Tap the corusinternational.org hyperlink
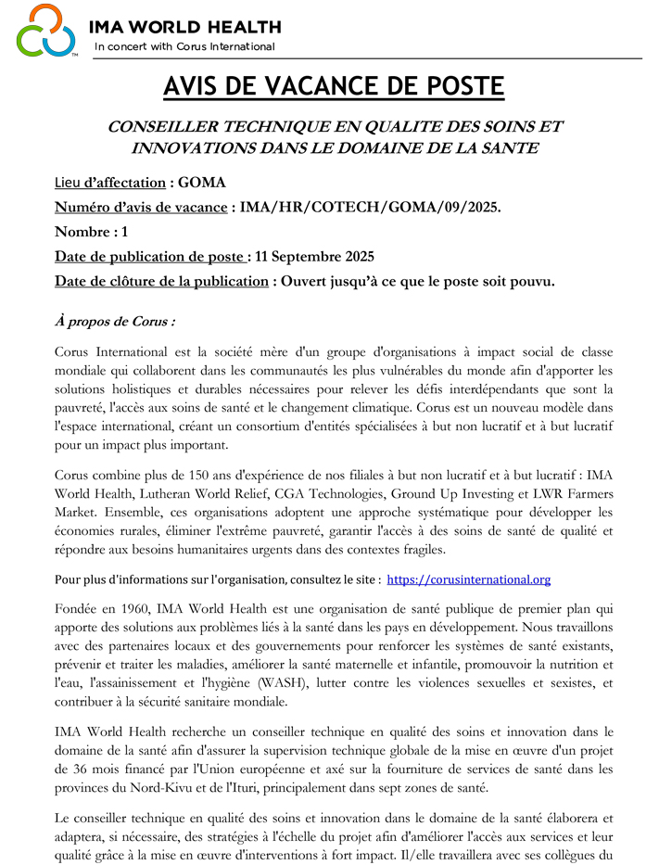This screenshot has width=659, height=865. (x=468, y=579)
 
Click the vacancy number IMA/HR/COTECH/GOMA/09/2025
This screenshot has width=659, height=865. (x=369, y=207)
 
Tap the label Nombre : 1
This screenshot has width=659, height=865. (x=92, y=232)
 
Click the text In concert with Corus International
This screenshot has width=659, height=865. (x=184, y=46)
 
